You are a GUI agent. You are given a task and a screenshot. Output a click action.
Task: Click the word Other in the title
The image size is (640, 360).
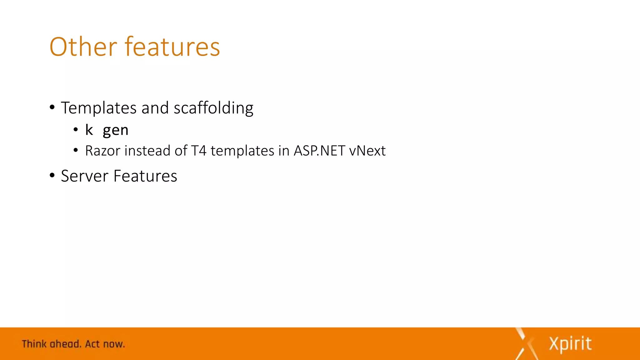83,47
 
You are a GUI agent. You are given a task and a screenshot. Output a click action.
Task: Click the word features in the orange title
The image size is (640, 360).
172,47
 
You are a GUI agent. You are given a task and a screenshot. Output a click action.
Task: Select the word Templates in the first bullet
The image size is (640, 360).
98,108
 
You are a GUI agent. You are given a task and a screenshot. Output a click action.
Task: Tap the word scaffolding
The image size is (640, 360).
213,108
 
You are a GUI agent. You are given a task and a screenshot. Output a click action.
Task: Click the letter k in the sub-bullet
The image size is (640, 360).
89,130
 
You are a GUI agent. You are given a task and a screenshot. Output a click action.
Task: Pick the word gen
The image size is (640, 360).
116,130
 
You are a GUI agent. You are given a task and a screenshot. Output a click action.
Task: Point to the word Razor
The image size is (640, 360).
102,151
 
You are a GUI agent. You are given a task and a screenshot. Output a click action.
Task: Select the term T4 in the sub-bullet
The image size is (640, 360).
199,151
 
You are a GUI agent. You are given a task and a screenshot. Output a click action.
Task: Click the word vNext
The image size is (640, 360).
367,151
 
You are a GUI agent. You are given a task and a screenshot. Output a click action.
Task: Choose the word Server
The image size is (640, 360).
84,176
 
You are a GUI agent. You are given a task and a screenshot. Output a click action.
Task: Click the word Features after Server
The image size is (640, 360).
145,176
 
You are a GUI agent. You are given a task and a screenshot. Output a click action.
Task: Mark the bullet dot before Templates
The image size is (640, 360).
52,107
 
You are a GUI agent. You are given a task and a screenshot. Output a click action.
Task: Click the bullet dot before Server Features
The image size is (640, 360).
52,175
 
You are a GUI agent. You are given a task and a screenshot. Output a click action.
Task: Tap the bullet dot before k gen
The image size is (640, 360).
76,129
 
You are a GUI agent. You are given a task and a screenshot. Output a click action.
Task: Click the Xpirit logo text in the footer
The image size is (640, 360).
570,344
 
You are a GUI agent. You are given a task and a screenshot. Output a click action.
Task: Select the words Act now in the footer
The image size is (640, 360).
105,344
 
